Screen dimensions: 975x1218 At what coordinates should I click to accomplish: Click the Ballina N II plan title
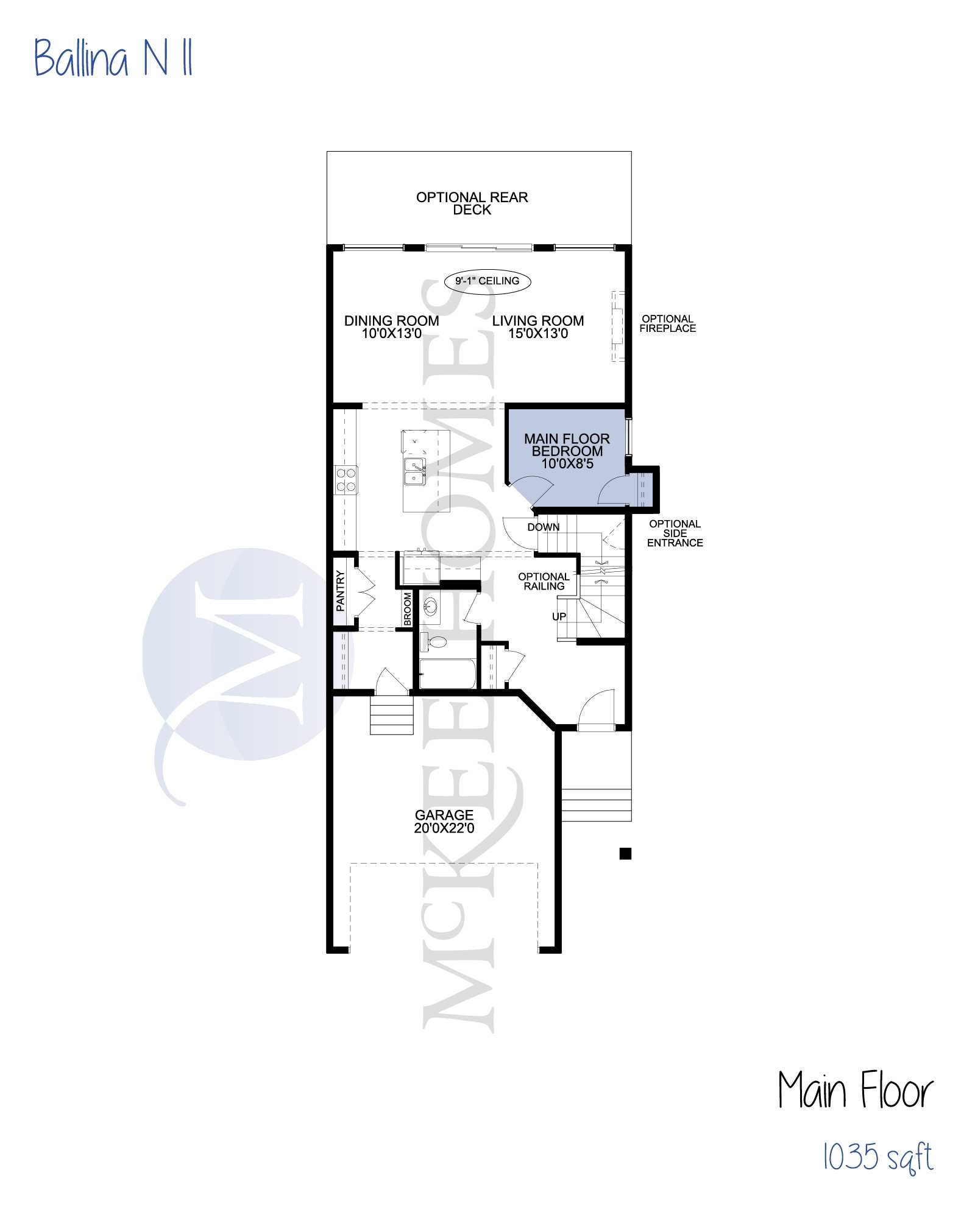tap(113, 58)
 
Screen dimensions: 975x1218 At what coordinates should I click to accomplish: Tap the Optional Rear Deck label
tap(472, 203)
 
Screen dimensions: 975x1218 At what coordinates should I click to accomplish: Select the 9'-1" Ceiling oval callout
tap(487, 281)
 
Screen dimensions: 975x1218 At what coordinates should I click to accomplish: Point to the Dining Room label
tap(392, 327)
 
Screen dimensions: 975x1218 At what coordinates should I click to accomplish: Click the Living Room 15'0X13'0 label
tap(538, 327)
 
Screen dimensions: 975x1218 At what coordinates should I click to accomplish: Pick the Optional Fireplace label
tap(668, 323)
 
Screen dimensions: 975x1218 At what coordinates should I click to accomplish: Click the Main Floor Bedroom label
tap(567, 451)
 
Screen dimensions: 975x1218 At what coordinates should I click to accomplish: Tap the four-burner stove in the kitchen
tap(346, 479)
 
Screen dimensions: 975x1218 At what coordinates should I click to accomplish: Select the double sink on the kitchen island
tap(415, 471)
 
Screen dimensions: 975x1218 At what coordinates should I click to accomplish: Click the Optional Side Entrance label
tap(675, 533)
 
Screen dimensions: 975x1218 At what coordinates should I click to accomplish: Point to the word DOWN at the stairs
tap(544, 527)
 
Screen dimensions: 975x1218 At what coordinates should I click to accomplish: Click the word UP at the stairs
tap(559, 616)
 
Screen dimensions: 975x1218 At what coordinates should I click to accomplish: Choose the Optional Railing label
tap(544, 582)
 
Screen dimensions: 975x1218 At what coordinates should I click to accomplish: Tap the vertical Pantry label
tap(341, 591)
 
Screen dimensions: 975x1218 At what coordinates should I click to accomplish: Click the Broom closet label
tap(408, 609)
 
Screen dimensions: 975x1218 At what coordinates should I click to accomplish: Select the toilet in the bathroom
tap(433, 641)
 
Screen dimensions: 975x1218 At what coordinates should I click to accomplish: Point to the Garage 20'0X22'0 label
tap(444, 822)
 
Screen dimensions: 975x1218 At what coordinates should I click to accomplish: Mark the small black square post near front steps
tap(625, 854)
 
